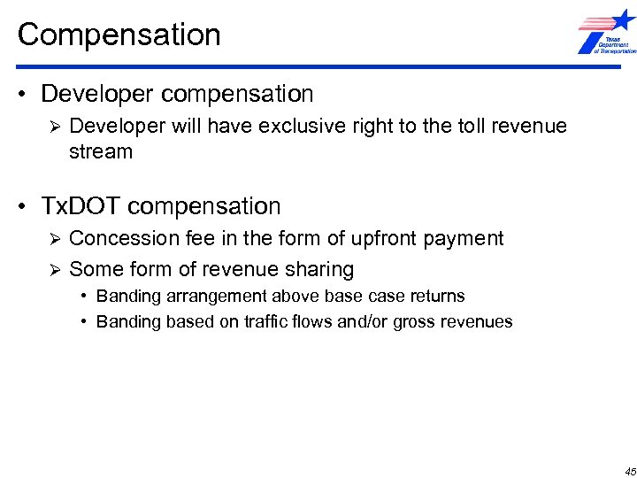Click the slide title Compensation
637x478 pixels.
tap(119, 35)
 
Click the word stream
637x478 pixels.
tap(101, 152)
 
